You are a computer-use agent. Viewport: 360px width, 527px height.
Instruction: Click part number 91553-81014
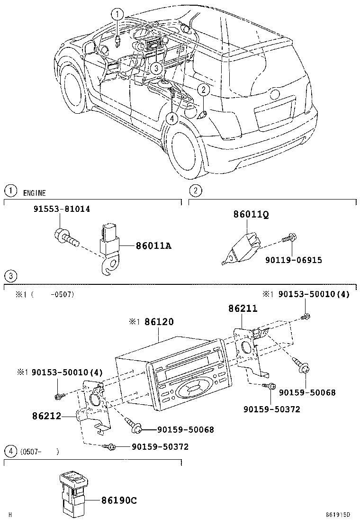tap(62, 209)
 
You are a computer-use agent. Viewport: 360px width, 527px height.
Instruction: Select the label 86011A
tap(153, 246)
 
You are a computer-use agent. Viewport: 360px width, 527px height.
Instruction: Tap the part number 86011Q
tap(251, 214)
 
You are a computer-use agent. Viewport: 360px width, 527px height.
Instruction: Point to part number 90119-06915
tap(293, 260)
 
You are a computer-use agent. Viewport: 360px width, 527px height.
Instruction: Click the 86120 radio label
tap(157, 322)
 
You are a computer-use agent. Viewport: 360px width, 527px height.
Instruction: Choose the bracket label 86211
tap(243, 309)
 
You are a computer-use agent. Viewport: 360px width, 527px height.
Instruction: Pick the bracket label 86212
tap(47, 416)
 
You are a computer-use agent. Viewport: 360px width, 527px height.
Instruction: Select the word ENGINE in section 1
tap(34, 193)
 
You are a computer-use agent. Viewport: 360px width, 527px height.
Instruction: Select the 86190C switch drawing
tap(73, 493)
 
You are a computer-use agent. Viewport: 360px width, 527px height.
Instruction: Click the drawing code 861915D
tap(338, 514)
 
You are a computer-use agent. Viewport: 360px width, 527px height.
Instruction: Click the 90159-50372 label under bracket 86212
tap(160, 446)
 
